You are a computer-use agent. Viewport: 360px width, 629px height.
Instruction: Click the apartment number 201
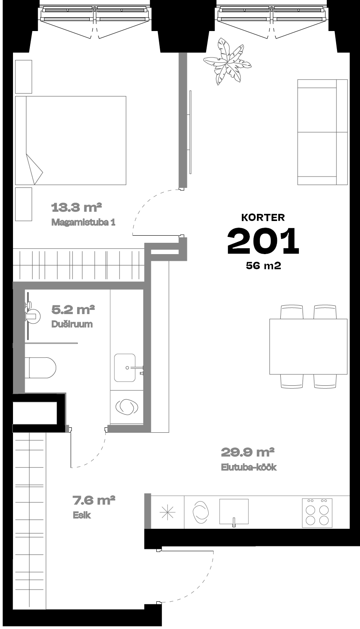[x=263, y=241]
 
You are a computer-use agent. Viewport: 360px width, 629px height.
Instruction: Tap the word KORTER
[x=263, y=217]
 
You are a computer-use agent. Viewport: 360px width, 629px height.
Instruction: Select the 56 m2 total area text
[x=264, y=265]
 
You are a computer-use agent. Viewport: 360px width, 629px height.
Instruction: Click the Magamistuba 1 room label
[x=83, y=222]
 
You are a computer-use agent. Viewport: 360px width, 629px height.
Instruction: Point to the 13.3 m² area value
[x=76, y=208]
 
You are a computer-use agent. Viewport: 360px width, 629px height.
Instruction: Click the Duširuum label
[x=72, y=324]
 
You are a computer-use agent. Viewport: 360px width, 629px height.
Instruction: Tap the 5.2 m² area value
[x=73, y=309]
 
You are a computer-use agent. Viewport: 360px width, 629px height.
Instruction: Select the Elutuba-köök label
[x=249, y=467]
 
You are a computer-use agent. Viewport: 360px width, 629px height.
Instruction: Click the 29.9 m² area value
[x=248, y=452]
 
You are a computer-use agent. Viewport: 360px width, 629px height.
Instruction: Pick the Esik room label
[x=82, y=515]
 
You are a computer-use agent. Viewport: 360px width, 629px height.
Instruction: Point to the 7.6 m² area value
[x=94, y=500]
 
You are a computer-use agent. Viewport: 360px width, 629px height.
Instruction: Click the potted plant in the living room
[x=227, y=61]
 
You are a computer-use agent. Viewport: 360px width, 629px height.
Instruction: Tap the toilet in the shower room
[x=40, y=368]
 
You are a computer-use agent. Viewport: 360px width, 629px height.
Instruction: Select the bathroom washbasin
[x=125, y=368]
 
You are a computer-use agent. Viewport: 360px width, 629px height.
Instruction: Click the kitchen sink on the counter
[x=234, y=512]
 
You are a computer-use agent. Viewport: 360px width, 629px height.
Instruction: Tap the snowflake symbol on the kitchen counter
[x=168, y=512]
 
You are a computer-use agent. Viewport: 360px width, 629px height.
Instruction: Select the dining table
[x=308, y=346]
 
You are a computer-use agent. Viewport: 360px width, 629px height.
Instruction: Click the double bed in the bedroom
[x=70, y=140]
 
